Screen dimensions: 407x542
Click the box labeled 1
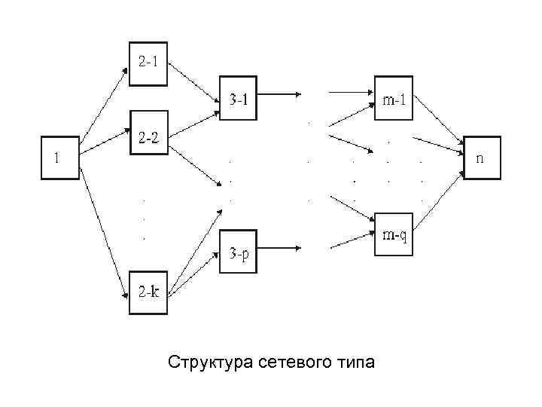pyautogui.click(x=59, y=158)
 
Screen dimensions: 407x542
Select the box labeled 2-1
pyautogui.click(x=148, y=62)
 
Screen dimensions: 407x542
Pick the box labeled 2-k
pyautogui.click(x=148, y=292)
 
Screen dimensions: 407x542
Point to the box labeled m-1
pyautogui.click(x=394, y=98)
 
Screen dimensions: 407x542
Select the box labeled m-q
pyautogui.click(x=394, y=235)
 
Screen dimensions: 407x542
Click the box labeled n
pyautogui.click(x=481, y=158)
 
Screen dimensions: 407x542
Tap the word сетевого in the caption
pyautogui.click(x=294, y=363)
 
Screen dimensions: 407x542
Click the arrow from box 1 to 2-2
pyautogui.click(x=105, y=142)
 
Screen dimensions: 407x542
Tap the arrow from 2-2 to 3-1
pyautogui.click(x=193, y=123)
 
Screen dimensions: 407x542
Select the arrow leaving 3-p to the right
pyautogui.click(x=280, y=249)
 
